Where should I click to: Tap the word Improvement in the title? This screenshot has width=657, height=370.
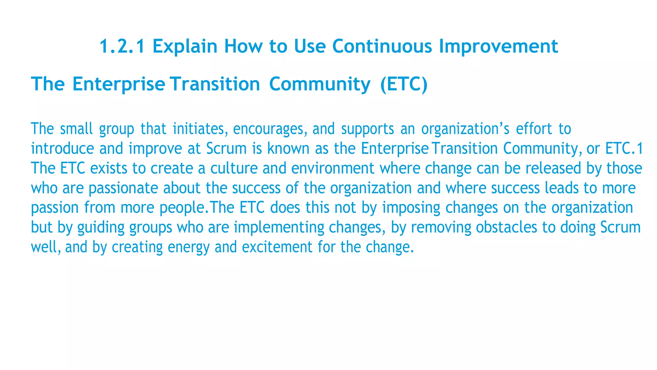[498, 46]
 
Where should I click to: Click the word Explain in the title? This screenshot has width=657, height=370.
[185, 46]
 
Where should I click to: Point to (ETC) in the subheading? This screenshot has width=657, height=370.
[404, 84]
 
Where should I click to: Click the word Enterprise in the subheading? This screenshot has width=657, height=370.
[119, 84]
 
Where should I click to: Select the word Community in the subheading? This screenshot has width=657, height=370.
[320, 84]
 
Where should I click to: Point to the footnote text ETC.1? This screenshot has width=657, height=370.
[624, 148]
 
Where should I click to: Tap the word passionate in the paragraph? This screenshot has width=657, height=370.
[123, 188]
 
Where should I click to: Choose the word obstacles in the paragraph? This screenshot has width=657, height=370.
[506, 227]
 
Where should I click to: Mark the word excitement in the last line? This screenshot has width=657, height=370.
[277, 247]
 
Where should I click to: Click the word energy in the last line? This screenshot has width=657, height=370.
[189, 247]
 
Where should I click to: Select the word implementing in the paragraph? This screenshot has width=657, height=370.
[279, 227]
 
